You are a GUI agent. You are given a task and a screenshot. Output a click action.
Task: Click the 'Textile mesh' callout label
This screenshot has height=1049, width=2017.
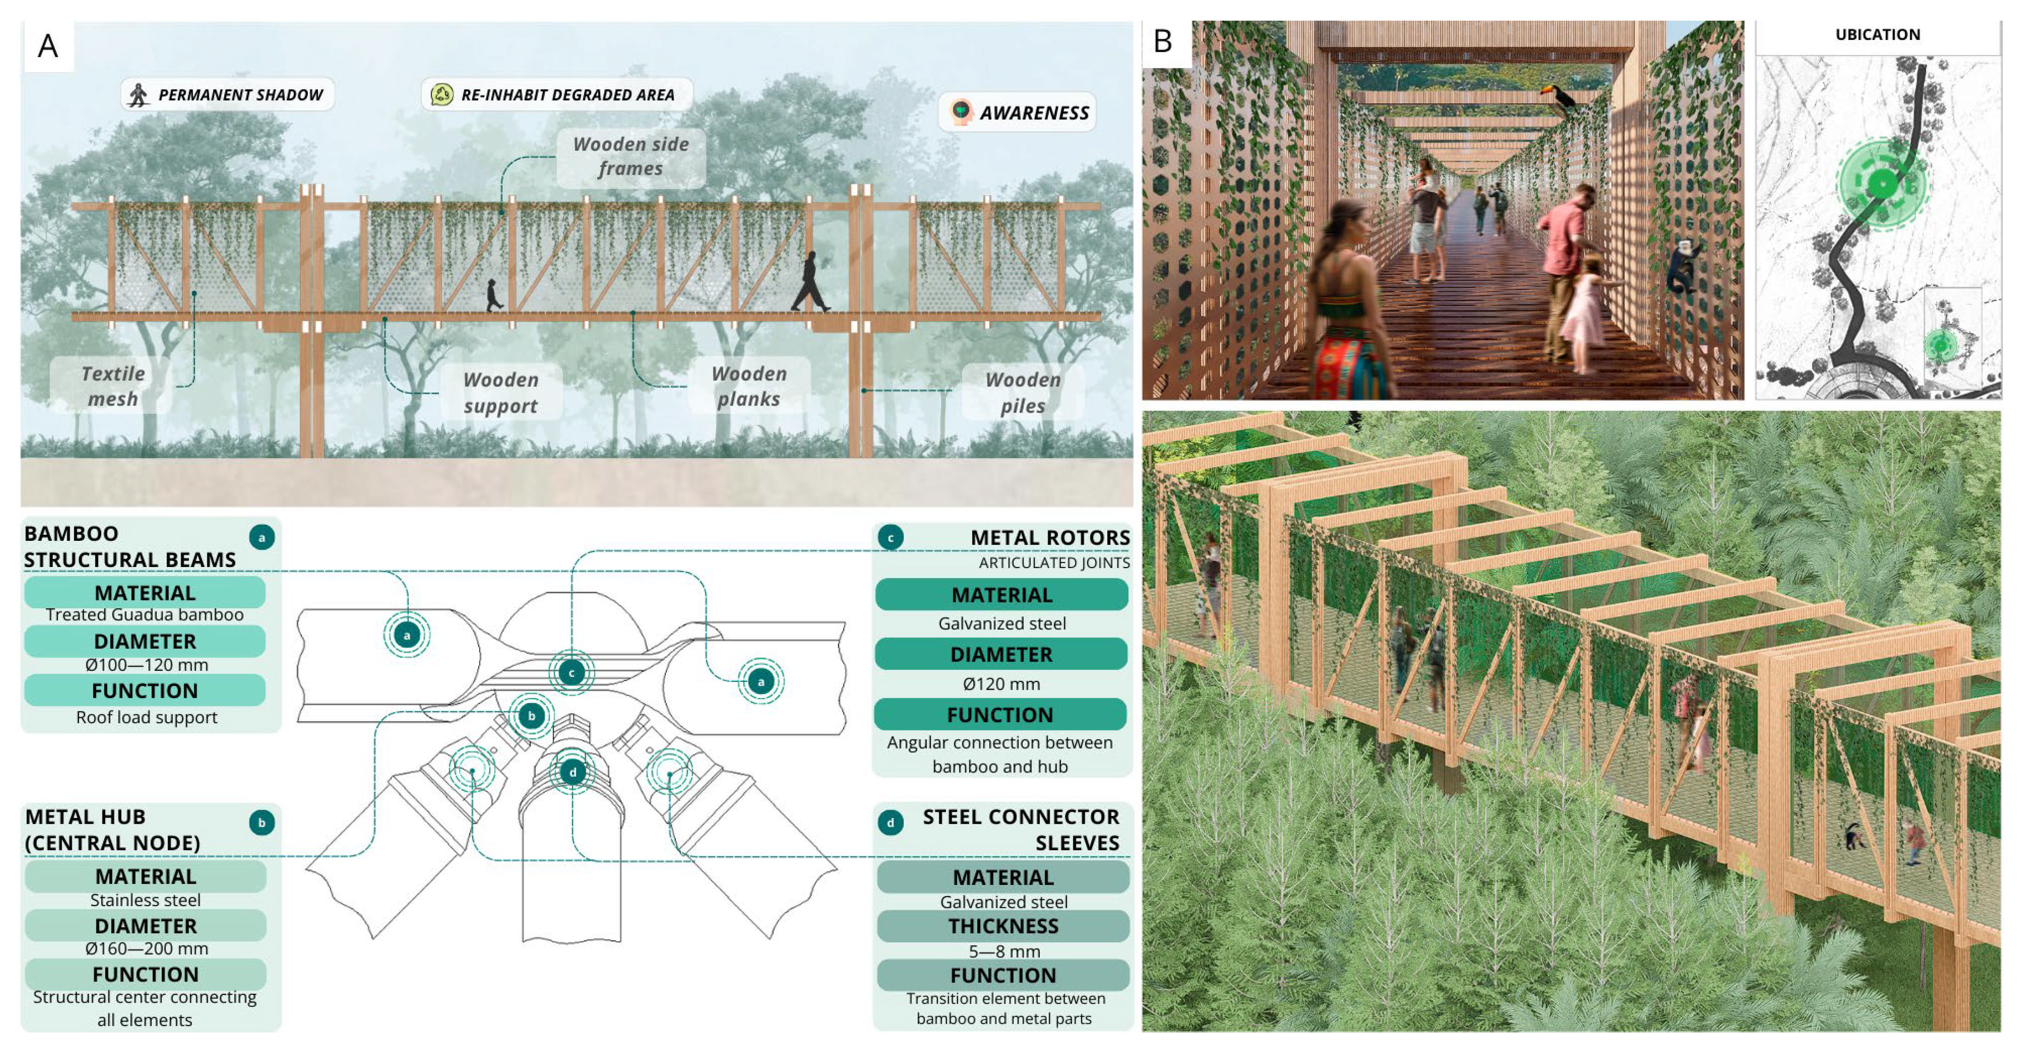[x=112, y=386]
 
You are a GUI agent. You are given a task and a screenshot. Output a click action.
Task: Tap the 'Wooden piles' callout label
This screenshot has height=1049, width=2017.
[x=1023, y=392]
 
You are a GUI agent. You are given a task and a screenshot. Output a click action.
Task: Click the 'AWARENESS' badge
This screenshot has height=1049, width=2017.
[x=1018, y=113]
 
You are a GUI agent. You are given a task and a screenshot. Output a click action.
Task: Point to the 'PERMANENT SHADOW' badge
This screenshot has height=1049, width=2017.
[x=227, y=95]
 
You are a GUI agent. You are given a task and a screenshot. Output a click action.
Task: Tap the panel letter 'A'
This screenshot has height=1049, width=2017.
[x=48, y=46]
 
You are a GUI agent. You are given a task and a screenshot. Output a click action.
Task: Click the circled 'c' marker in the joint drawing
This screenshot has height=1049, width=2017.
[x=572, y=673]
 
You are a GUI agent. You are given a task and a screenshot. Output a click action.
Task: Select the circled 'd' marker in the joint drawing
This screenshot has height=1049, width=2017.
[x=572, y=772]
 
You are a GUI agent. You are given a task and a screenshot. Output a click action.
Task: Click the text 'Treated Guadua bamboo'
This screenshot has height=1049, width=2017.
[x=145, y=614]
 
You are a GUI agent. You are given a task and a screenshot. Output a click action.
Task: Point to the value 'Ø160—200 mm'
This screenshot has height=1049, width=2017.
[x=147, y=949]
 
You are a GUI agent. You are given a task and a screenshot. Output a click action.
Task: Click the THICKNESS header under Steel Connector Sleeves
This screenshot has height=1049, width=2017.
[x=1003, y=927]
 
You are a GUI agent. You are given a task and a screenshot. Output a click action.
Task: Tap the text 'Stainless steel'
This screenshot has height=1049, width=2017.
[x=146, y=900]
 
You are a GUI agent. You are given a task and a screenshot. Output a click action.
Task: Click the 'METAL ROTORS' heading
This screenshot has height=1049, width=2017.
[x=1049, y=538]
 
